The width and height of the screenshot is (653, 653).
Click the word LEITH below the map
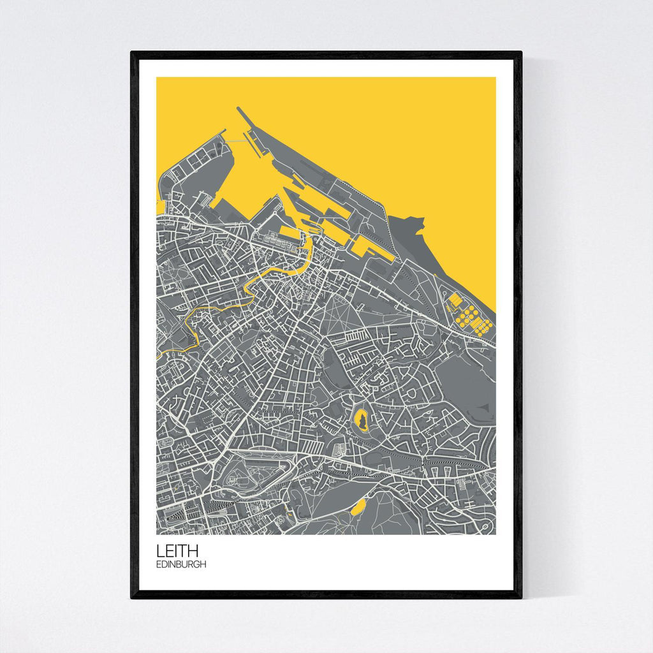tap(178, 550)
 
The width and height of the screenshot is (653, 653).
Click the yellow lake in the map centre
tap(361, 421)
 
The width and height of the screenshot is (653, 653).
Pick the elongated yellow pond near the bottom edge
tap(358, 507)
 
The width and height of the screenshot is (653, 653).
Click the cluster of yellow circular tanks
tap(473, 319)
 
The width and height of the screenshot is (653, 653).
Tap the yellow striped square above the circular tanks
tap(455, 299)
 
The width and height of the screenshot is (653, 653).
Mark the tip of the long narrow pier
tap(238, 108)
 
